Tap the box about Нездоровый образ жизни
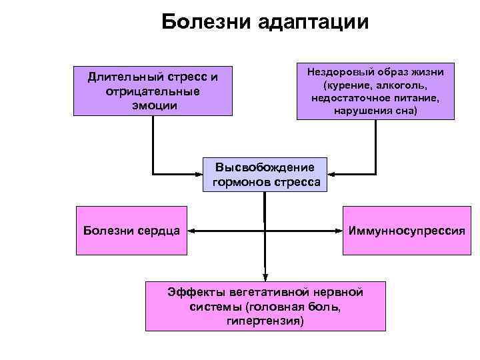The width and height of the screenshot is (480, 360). [x=375, y=91]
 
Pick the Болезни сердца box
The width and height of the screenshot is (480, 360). [x=131, y=231]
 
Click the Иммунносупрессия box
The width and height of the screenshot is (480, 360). [x=406, y=231]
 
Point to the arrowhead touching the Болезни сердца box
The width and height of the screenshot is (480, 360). [x=191, y=231]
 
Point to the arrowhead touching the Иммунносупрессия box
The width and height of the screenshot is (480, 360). [x=339, y=231]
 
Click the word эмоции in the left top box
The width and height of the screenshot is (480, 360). [x=153, y=105]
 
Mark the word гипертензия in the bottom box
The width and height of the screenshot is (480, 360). [x=265, y=321]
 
